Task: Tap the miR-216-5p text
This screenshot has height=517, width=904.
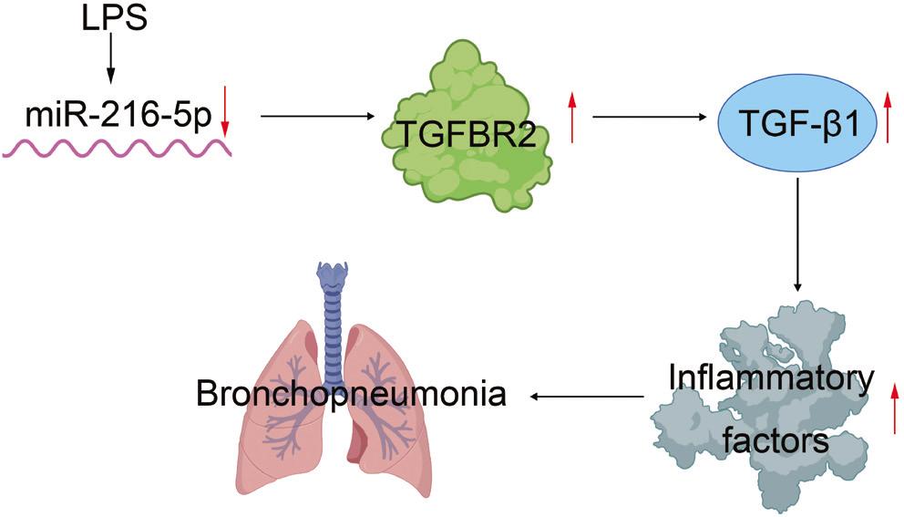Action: pyautogui.click(x=114, y=117)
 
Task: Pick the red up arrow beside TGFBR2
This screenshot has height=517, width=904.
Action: pyautogui.click(x=570, y=117)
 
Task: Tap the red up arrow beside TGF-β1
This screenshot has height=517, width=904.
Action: pyautogui.click(x=889, y=117)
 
